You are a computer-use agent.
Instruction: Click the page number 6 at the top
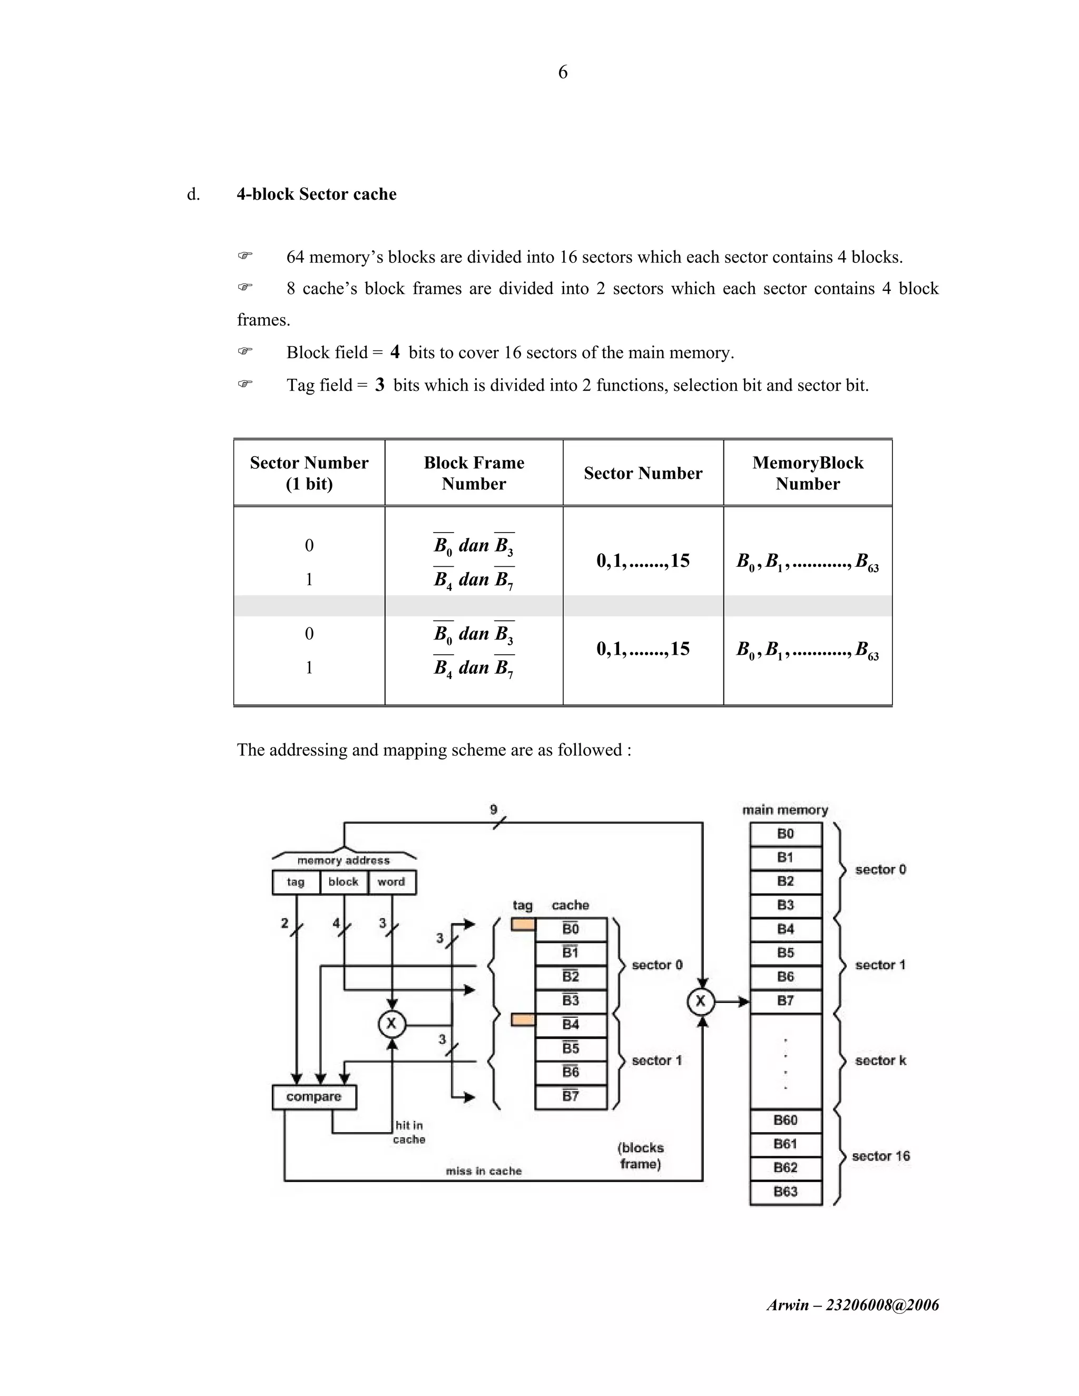point(563,72)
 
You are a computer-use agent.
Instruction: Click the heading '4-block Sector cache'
point(317,194)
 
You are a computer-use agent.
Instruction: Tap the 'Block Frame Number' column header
point(474,473)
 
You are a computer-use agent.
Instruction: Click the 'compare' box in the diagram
point(314,1097)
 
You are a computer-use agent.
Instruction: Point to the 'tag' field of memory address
point(296,882)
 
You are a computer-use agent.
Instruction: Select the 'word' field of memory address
point(391,882)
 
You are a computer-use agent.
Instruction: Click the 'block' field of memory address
point(344,882)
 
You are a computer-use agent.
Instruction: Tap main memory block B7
point(786,1001)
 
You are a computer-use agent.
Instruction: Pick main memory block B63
point(786,1192)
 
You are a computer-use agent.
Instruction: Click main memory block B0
point(786,833)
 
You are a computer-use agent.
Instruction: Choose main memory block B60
point(786,1120)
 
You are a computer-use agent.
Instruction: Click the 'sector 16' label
point(881,1156)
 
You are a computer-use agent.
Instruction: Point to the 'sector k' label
point(880,1060)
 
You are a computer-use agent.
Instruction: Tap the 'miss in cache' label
point(484,1171)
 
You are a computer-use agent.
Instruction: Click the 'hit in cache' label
point(409,1132)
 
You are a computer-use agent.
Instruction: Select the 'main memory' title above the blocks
point(785,810)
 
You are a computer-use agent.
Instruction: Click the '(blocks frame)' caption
point(641,1156)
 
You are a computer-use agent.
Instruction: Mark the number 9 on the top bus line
point(494,810)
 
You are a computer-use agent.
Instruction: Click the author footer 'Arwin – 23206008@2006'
point(853,1305)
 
